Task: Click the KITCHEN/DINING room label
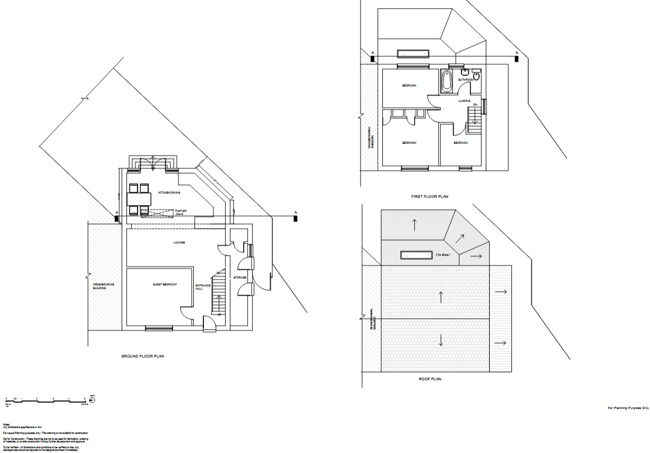click(169, 192)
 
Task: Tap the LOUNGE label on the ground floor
click(179, 242)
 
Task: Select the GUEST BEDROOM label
click(165, 285)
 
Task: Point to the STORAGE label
click(240, 278)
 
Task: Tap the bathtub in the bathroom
click(446, 81)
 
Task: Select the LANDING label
click(465, 100)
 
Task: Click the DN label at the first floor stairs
click(476, 105)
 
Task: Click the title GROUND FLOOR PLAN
click(143, 356)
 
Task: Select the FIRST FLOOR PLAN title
click(430, 196)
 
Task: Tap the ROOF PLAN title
click(430, 379)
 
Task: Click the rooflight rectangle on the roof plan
click(416, 255)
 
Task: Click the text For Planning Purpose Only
click(628, 408)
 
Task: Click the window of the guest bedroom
click(159, 328)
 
